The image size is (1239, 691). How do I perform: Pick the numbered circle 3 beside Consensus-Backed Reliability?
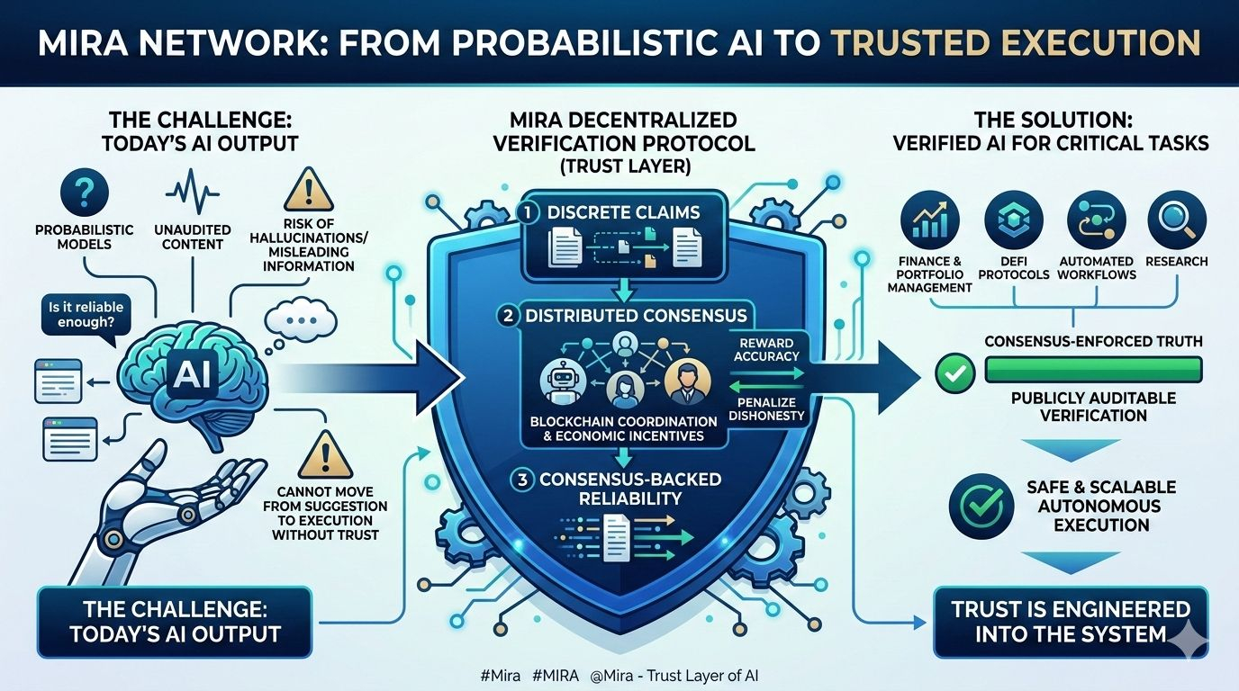[520, 480]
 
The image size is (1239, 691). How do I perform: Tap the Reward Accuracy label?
[768, 349]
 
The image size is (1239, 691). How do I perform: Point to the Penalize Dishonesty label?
[768, 409]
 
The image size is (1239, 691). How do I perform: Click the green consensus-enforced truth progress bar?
[1094, 369]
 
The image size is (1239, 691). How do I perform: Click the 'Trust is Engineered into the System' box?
[1071, 621]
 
